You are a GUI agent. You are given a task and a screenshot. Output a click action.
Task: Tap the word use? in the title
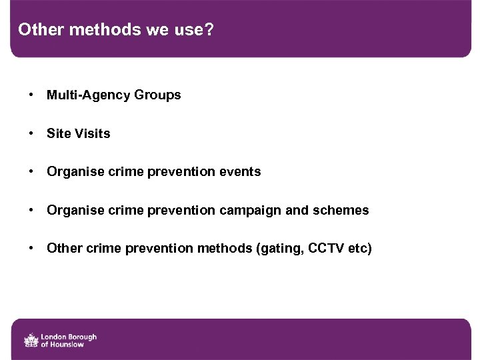coord(193,30)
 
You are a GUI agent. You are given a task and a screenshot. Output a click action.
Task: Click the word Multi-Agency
coord(88,95)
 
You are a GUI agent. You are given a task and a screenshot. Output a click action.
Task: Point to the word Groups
coord(157,95)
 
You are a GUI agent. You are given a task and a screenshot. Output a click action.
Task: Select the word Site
coord(57,133)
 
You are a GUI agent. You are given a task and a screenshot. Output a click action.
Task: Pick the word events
coord(238,172)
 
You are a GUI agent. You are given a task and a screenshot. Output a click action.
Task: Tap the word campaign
coord(249,211)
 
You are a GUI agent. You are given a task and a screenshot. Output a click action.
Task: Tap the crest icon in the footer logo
coord(31,340)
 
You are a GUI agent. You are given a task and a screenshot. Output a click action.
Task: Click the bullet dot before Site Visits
coord(32,133)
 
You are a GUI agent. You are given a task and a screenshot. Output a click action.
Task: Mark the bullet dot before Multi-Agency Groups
coord(32,95)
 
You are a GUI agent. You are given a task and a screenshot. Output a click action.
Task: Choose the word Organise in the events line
coord(73,172)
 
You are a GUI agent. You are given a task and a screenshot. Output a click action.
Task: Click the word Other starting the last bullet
coord(63,249)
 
